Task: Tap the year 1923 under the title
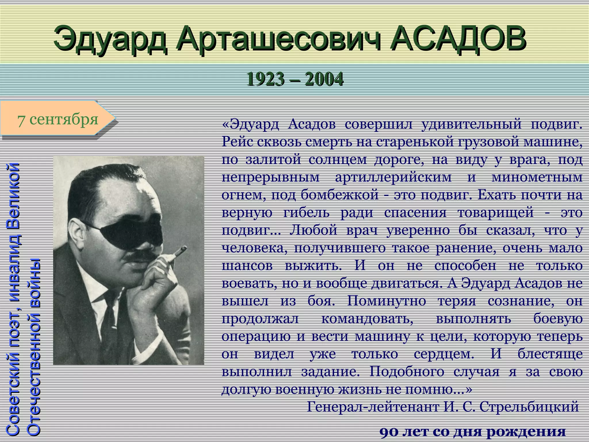point(264,79)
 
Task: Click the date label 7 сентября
point(58,119)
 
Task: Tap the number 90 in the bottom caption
point(390,432)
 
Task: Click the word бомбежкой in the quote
point(340,195)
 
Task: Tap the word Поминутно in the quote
point(386,301)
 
